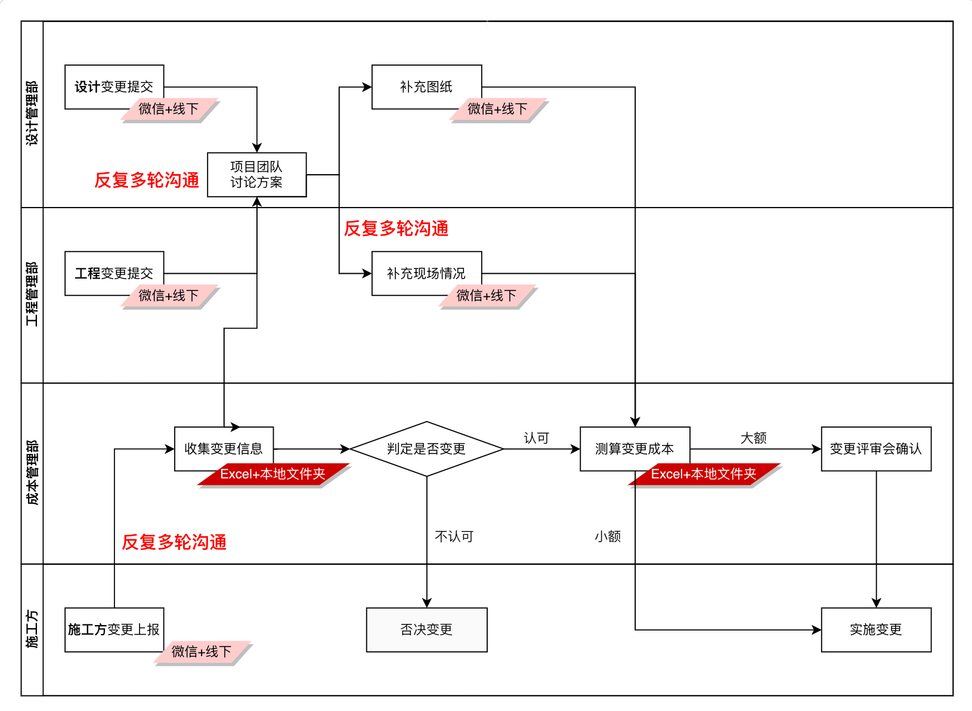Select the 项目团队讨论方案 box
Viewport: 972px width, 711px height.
[256, 174]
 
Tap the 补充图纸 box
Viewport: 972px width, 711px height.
[426, 86]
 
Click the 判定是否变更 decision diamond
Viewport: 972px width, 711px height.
[426, 449]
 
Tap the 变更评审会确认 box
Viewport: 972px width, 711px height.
[875, 449]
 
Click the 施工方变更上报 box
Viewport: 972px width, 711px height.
[114, 629]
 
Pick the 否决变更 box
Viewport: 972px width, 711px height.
[426, 629]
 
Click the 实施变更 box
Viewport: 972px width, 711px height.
[875, 629]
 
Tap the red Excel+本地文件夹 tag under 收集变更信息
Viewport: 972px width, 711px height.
[273, 474]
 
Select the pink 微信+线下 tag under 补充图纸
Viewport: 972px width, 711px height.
[497, 109]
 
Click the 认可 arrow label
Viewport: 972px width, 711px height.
[536, 438]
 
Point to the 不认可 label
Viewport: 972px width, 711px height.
[454, 536]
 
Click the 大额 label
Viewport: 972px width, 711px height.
[753, 438]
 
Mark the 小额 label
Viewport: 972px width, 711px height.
[608, 536]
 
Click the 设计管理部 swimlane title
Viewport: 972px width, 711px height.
[32, 113]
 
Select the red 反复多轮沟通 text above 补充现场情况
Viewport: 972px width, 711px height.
[396, 228]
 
